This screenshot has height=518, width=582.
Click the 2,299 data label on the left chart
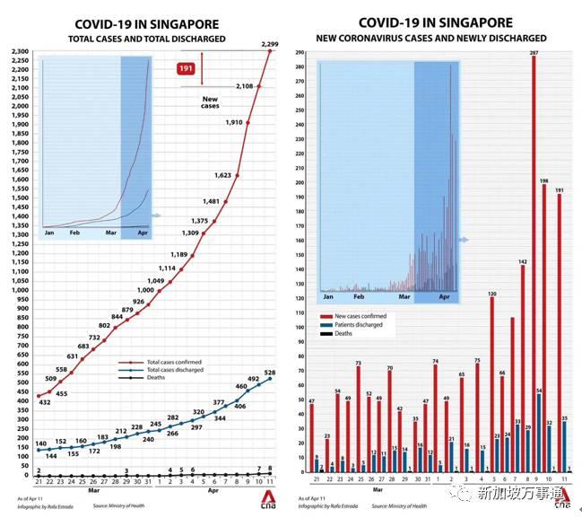pos(270,43)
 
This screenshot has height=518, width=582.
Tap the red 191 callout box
pos(187,68)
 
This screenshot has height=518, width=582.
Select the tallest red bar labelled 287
pos(534,269)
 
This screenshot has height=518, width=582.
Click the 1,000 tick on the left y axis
pos(20,290)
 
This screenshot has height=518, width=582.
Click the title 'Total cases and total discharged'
pos(147,40)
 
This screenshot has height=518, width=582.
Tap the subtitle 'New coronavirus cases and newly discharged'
pos(430,39)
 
